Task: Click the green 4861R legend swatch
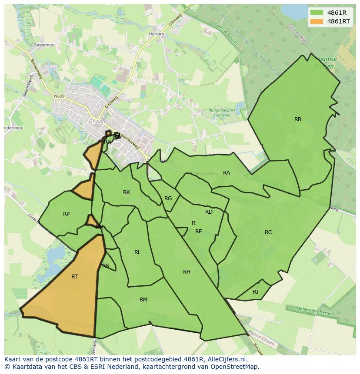[x=317, y=13]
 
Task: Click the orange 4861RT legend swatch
[x=317, y=21]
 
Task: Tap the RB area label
[x=298, y=119]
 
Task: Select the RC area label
[x=268, y=232]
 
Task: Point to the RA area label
[x=227, y=173]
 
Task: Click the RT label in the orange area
[x=74, y=277]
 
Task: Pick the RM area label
[x=143, y=300]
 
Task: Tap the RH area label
[x=187, y=272]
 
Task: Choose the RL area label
[x=137, y=252]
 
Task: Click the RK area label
[x=127, y=192]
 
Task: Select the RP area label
[x=66, y=214]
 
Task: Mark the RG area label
[x=168, y=199]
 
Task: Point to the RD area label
[x=209, y=212]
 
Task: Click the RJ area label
[x=255, y=292]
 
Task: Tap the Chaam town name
[x=97, y=122]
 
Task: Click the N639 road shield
[x=59, y=96]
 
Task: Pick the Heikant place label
[x=157, y=34]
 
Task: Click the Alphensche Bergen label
[x=315, y=311]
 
